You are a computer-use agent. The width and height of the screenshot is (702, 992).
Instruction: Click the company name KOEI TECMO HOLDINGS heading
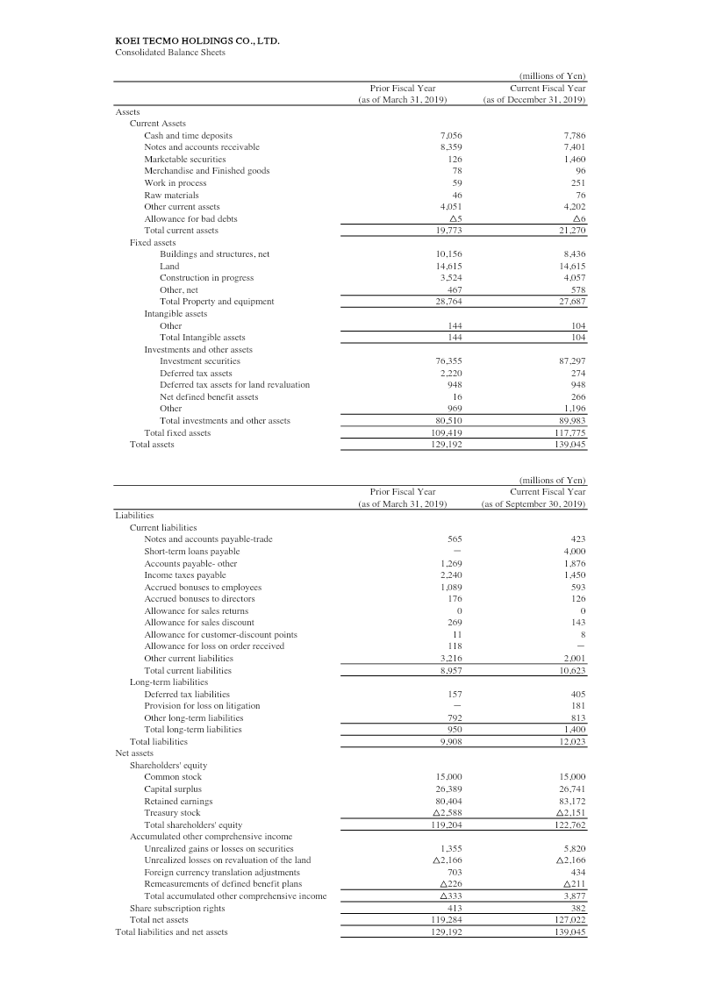[197, 40]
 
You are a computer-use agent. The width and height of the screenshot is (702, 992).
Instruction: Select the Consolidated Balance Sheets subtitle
[170, 53]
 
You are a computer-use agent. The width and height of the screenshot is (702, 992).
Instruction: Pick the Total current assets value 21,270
[571, 231]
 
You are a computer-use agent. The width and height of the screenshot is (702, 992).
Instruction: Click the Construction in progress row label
[206, 277]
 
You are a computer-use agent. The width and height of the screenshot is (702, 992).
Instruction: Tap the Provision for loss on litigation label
[202, 705]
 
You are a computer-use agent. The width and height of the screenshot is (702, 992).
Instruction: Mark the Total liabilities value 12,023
[571, 741]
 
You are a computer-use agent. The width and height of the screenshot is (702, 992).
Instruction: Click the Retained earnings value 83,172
[571, 801]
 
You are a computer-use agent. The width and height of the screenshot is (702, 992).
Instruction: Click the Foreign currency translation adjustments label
[222, 873]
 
